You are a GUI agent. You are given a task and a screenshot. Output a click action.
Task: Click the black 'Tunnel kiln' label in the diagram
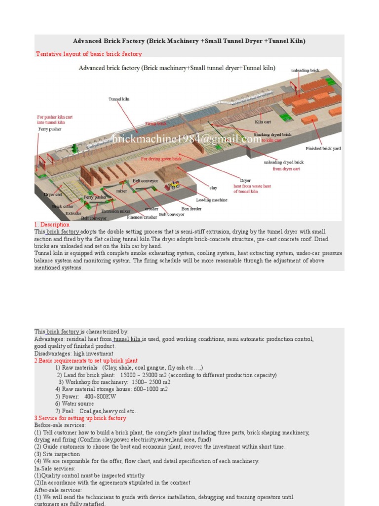click(119, 99)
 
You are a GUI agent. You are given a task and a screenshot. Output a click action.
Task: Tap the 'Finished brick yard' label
click(323, 148)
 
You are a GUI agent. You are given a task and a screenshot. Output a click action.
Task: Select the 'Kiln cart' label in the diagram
click(263, 122)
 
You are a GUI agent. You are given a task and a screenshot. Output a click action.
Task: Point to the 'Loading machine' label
click(212, 200)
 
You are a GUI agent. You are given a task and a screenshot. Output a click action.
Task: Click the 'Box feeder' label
click(191, 209)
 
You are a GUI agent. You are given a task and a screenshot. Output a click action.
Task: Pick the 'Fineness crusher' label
click(142, 217)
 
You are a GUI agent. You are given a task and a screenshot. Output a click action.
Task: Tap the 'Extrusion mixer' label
click(116, 211)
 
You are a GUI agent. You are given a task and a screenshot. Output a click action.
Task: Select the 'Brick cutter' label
click(63, 207)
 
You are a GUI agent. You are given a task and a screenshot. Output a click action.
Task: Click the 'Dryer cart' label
click(53, 195)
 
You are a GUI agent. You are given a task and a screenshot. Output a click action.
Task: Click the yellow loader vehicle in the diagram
click(174, 185)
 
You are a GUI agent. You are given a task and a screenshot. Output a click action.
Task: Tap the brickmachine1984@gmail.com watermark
click(187, 140)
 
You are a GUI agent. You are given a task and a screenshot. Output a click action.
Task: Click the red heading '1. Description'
click(52, 225)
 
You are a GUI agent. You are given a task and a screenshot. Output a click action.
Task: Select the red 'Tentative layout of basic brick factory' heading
click(89, 54)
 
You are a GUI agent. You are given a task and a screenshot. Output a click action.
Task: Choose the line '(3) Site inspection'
click(57, 454)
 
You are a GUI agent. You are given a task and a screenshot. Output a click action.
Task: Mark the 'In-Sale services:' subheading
click(55, 468)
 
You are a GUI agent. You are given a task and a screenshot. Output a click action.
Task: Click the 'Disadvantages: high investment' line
click(74, 353)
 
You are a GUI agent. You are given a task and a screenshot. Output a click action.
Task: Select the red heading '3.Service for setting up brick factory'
click(80, 418)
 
